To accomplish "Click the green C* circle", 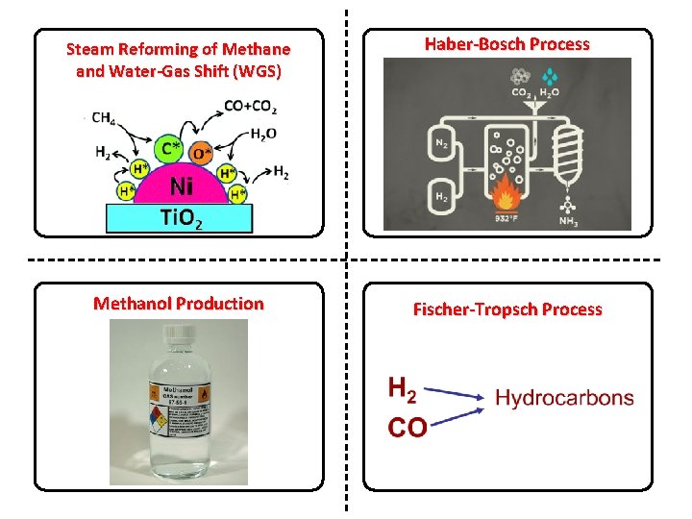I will tap(169, 148).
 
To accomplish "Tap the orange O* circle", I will tap(200, 153).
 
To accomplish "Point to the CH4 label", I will tap(104, 119).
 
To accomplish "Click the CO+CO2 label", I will tap(249, 106).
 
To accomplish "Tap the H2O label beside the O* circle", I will tap(262, 134).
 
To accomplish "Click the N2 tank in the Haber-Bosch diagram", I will tap(441, 144).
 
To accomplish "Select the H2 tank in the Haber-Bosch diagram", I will tap(441, 197).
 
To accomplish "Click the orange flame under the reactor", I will tap(504, 198).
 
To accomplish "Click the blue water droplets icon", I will tap(549, 76).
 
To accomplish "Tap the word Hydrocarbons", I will tap(564, 397).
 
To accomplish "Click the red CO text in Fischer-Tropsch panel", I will tap(407, 427).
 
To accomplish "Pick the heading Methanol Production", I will tap(178, 304).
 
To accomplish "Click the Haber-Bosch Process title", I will tap(507, 44).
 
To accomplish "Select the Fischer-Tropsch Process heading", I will tap(507, 309).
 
